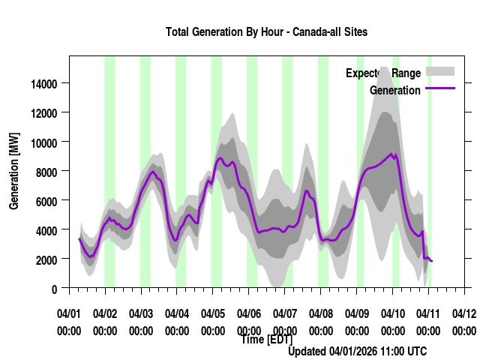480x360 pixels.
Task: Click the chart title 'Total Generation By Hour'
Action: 266,32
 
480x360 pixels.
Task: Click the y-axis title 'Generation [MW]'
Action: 13,172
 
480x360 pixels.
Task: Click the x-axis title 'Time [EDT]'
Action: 266,340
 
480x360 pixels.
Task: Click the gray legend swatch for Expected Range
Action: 440,72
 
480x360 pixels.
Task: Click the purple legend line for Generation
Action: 440,89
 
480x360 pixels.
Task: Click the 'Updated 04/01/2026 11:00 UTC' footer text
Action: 358,351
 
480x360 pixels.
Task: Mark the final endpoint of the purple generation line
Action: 432,261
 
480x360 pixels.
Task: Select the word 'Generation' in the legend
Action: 395,91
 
